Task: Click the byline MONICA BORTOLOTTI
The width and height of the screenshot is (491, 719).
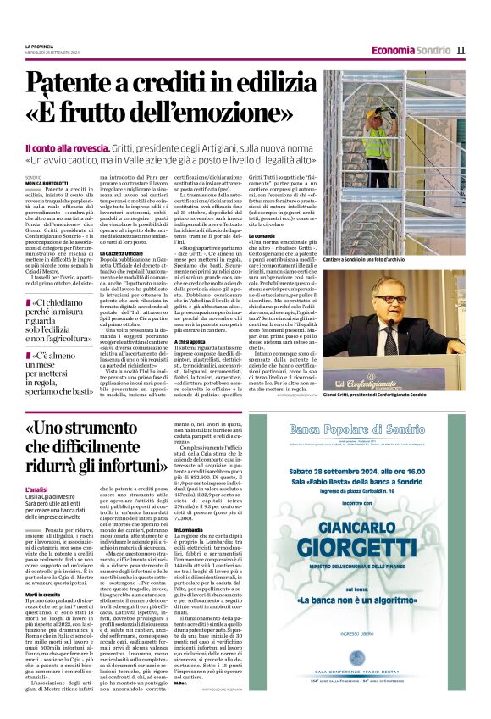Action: [x=45, y=182]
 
